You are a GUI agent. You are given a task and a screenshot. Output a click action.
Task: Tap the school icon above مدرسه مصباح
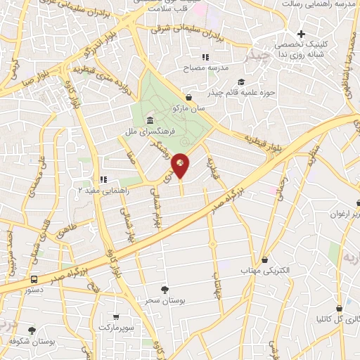click(x=205, y=57)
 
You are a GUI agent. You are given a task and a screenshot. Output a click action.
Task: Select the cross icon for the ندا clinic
click(x=301, y=34)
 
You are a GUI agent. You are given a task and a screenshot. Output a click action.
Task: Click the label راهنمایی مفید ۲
click(x=99, y=190)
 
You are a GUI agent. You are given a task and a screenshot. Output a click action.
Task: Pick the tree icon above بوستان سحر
click(x=165, y=289)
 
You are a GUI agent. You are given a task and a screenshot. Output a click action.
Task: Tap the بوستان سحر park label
click(x=167, y=300)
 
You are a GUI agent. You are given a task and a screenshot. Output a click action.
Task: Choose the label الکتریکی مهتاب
click(x=259, y=271)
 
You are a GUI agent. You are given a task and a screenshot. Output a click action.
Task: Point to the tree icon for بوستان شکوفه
click(x=32, y=330)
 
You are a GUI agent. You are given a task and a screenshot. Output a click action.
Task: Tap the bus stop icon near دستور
click(x=34, y=278)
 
